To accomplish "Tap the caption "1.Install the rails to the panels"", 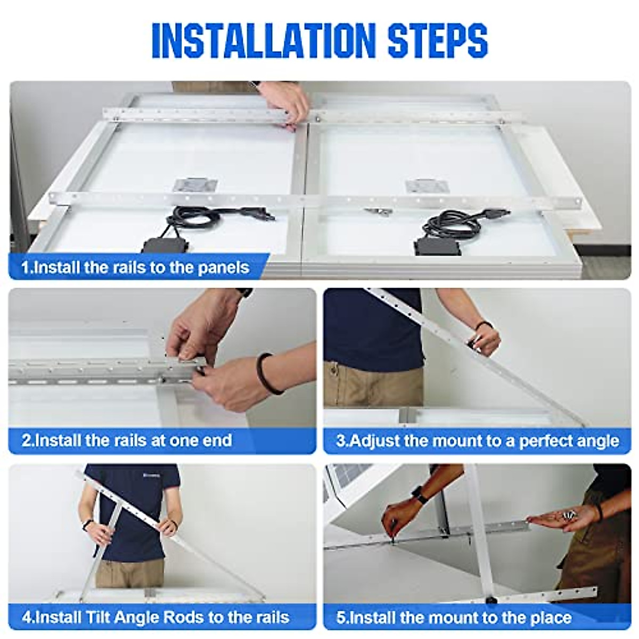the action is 135,267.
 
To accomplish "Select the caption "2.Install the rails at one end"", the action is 127,440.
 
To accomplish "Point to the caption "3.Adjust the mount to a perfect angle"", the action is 478,441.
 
